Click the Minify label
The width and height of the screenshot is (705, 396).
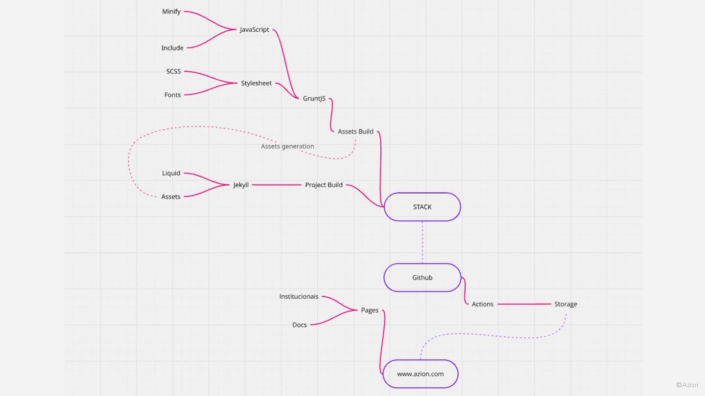[x=171, y=11]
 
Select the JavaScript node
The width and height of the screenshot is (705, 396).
[x=254, y=29]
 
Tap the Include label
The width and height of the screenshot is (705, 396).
[x=172, y=48]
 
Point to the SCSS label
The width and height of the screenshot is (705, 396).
[x=173, y=71]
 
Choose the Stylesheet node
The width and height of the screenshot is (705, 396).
[x=256, y=83]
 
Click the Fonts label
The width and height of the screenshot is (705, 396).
[x=172, y=95]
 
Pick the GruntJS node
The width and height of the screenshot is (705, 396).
[x=314, y=98]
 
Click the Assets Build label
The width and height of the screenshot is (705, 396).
[x=355, y=132]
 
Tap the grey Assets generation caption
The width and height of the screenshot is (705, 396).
[x=287, y=146]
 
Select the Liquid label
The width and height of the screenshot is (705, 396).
[x=171, y=173]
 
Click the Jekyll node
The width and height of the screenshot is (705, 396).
[x=241, y=185]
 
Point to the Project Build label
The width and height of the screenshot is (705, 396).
[x=324, y=185]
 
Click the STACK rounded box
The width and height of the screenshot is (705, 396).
[x=422, y=207]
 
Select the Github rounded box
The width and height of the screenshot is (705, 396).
[x=422, y=278]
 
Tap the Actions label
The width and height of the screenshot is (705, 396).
[x=482, y=304]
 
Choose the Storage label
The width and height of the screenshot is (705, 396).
[x=565, y=304]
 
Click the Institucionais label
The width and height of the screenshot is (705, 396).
[x=299, y=296]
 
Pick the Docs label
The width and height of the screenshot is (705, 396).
[x=299, y=325]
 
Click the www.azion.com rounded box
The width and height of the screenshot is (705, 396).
[x=420, y=374]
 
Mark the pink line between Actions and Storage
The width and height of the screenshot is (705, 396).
[x=524, y=304]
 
